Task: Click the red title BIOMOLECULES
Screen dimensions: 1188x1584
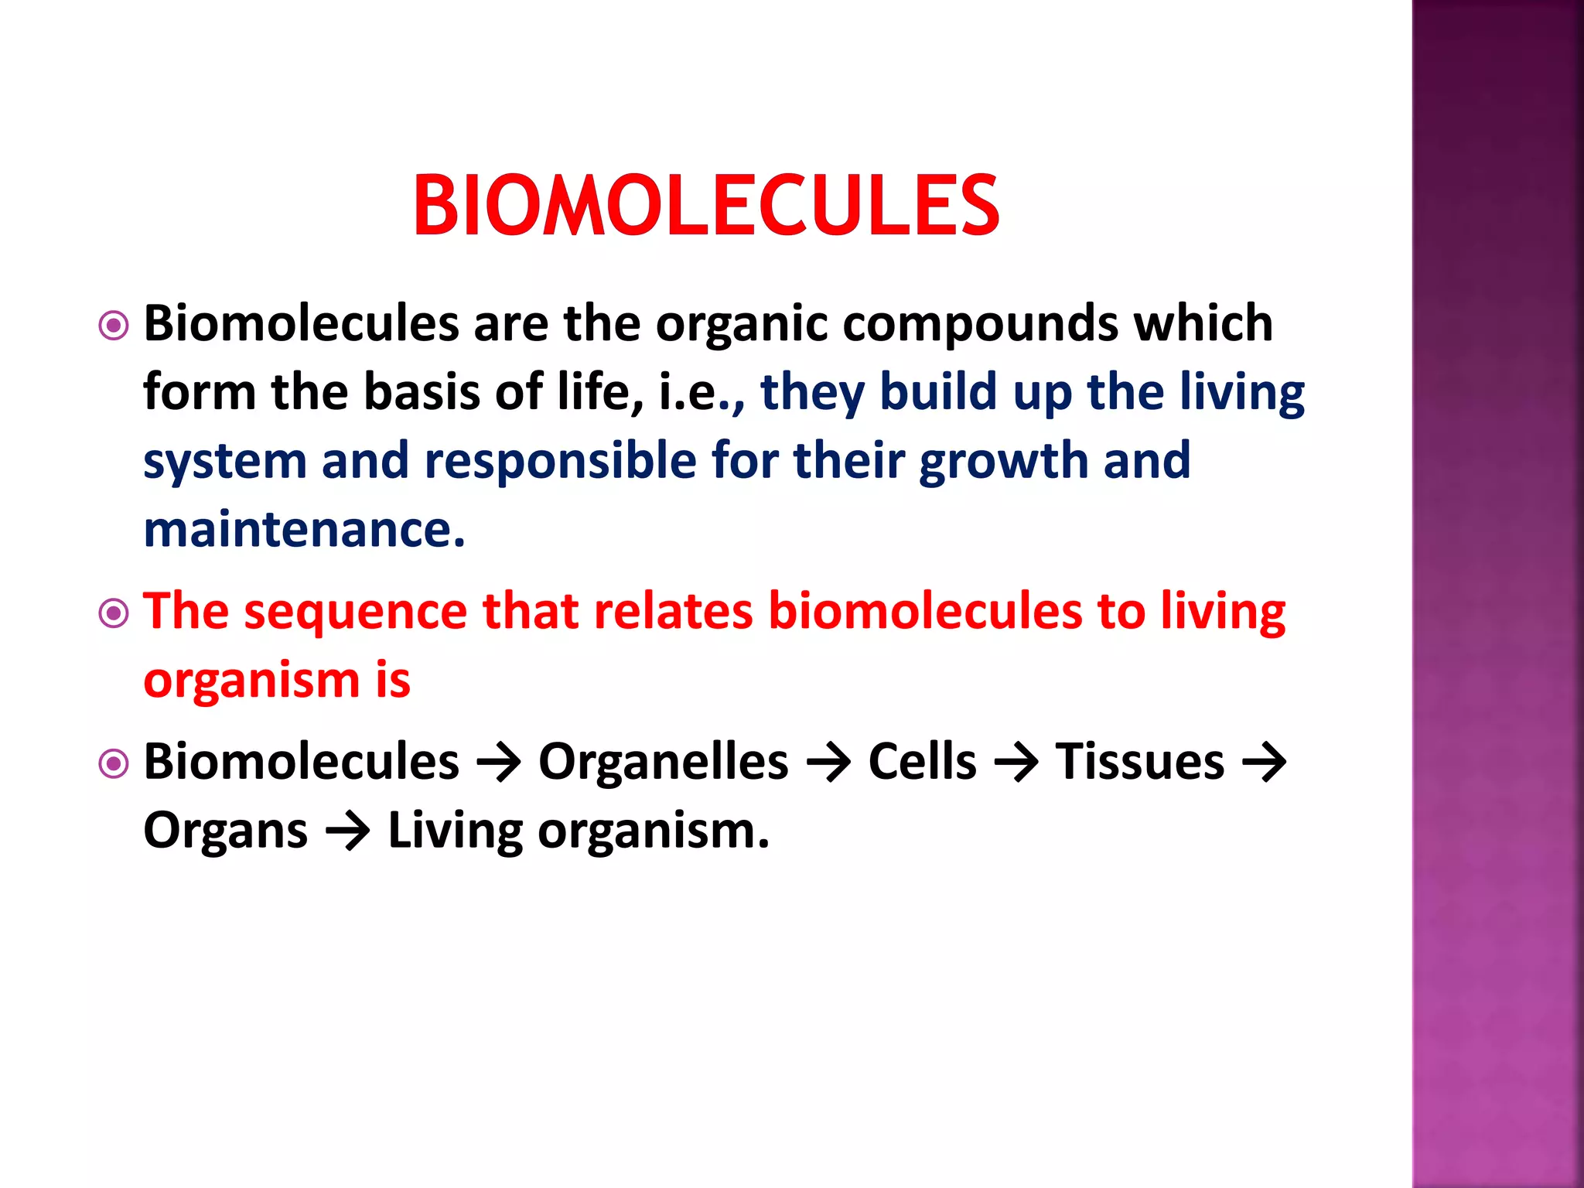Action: pos(706,206)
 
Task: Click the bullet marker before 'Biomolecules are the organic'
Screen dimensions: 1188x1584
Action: pos(114,326)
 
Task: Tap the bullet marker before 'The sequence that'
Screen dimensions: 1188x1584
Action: pos(114,614)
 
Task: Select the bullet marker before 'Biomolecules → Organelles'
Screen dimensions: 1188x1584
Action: pos(114,764)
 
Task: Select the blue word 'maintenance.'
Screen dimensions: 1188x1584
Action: pos(304,530)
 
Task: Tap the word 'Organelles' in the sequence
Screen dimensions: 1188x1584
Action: pos(663,762)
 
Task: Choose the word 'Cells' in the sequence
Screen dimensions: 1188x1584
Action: pos(922,762)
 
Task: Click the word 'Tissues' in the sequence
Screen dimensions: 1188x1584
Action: pos(1139,762)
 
